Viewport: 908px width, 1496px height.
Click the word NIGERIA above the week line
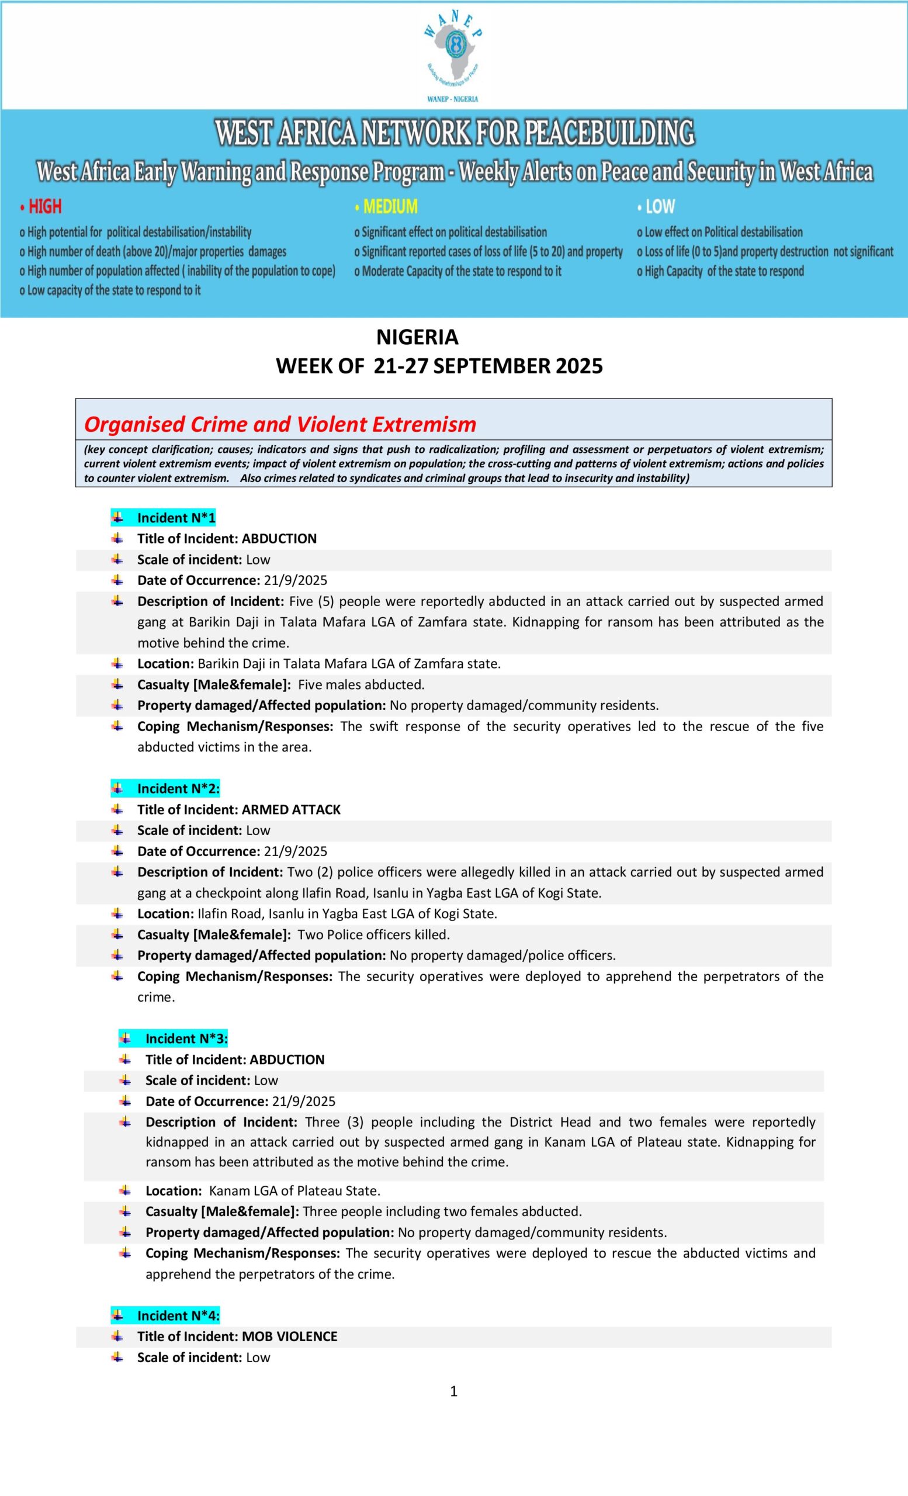pyautogui.click(x=417, y=337)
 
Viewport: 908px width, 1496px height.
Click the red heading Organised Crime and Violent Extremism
pyautogui.click(x=280, y=424)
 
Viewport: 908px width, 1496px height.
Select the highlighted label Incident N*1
pyautogui.click(x=176, y=518)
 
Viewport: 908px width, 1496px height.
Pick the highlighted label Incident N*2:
pyautogui.click(x=178, y=789)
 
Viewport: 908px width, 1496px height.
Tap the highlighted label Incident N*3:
pyautogui.click(x=186, y=1038)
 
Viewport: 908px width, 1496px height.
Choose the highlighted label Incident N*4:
pyautogui.click(x=178, y=1315)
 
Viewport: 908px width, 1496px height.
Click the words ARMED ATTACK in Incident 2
pyautogui.click(x=292, y=809)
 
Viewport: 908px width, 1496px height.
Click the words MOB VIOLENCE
pyautogui.click(x=289, y=1336)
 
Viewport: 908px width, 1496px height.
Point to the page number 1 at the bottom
pyautogui.click(x=454, y=1391)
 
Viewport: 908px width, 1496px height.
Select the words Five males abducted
pyautogui.click(x=361, y=685)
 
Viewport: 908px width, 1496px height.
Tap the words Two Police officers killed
pyautogui.click(x=373, y=934)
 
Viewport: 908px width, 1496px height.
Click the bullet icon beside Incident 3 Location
pyautogui.click(x=125, y=1190)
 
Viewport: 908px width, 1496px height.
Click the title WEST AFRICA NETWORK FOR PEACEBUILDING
pyautogui.click(x=455, y=134)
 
